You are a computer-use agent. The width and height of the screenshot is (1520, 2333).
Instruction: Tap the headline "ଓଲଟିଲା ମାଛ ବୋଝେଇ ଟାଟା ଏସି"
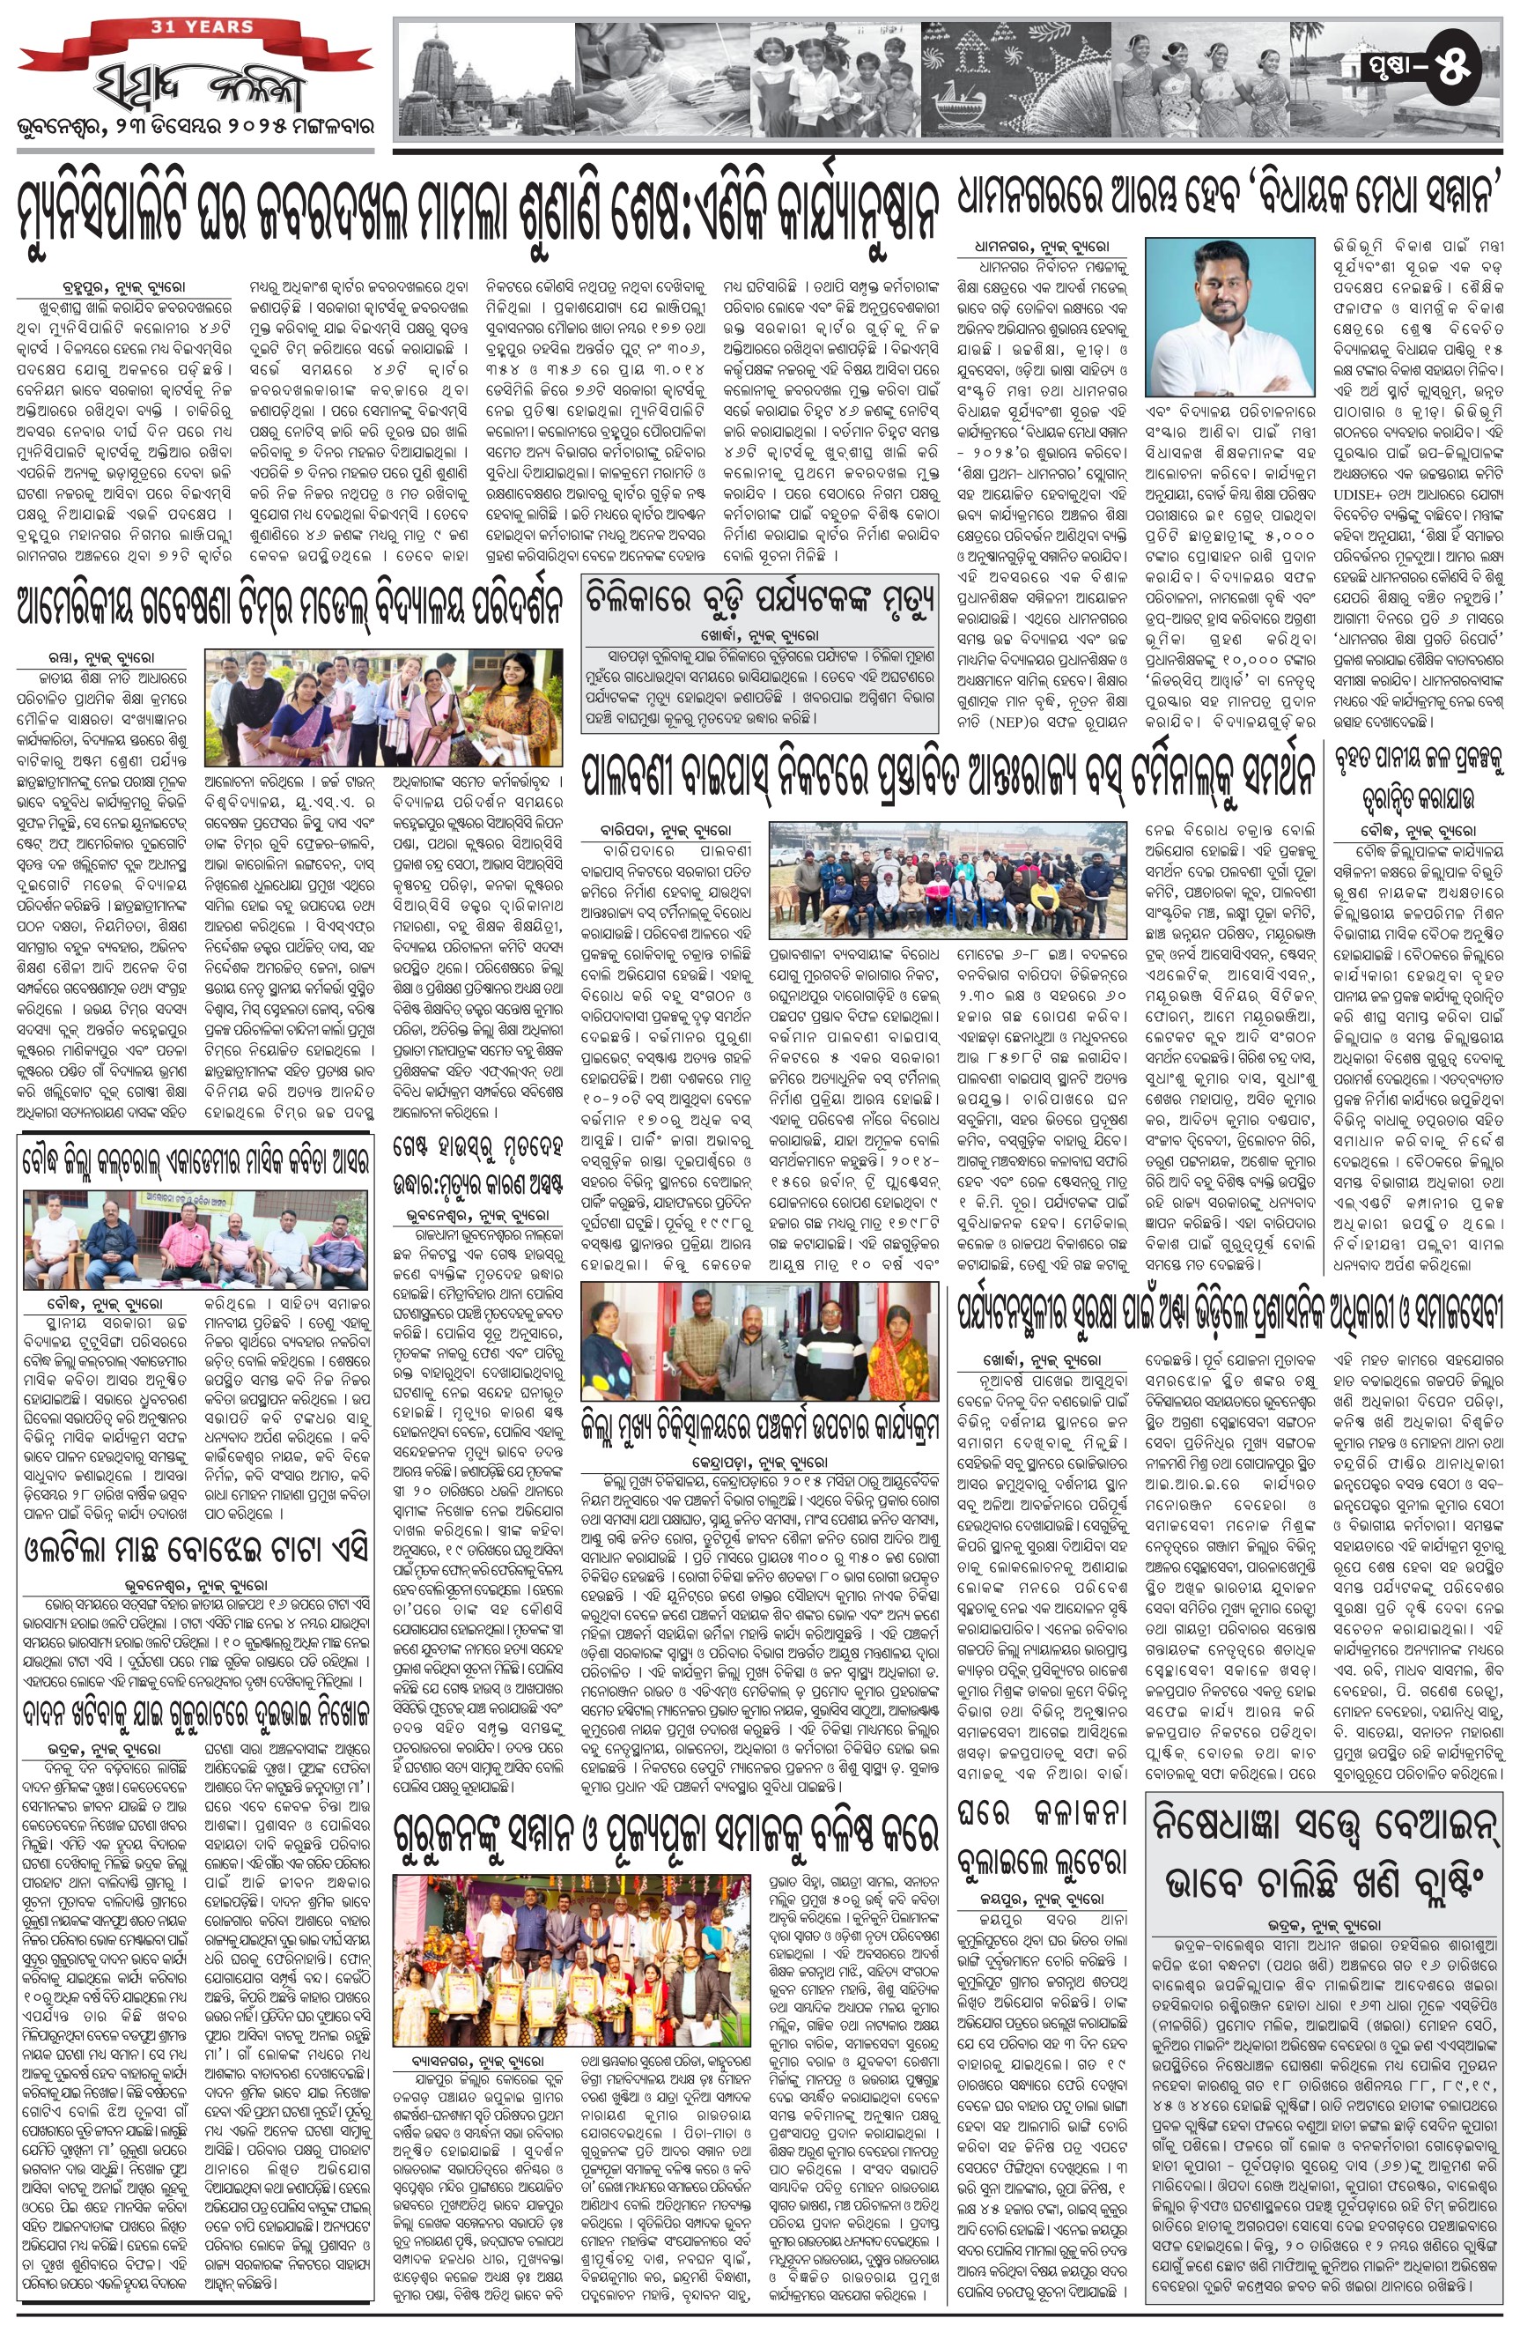click(x=196, y=1550)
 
